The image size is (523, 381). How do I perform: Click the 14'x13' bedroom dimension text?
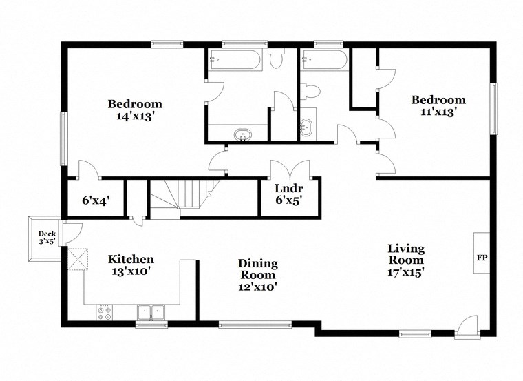135,116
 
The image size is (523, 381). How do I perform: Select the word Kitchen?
131,259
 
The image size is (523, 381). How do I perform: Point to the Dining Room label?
258,269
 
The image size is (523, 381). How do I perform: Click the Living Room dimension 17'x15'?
405,271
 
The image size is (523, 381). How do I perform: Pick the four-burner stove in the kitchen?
105,313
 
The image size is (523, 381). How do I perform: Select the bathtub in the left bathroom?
235,61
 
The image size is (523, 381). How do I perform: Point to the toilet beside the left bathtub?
277,61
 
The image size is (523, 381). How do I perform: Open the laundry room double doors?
288,169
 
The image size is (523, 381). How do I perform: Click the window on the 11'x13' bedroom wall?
493,109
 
